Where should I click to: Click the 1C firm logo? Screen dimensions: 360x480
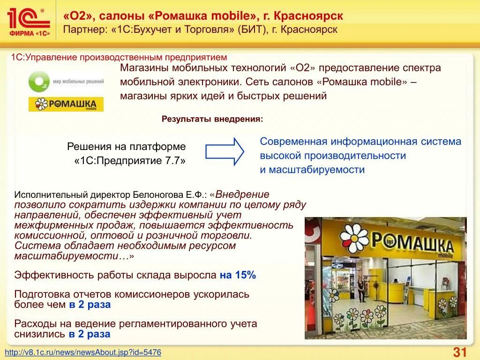tap(29, 21)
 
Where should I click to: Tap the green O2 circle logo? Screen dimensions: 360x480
tap(38, 82)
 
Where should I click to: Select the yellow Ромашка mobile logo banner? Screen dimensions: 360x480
tap(66, 104)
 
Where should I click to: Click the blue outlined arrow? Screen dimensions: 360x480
tap(225, 151)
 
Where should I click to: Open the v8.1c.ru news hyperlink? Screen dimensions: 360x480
tap(83, 352)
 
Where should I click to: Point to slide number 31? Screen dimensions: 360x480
tap(459, 352)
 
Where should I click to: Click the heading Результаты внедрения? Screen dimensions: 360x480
tap(212, 119)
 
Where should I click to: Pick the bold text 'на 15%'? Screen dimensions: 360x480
tap(238, 275)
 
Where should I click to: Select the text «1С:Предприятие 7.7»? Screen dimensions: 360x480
tap(130, 160)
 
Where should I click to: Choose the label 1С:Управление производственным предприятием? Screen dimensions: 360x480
tap(119, 57)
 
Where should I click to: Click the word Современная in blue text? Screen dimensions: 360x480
tap(293, 142)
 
